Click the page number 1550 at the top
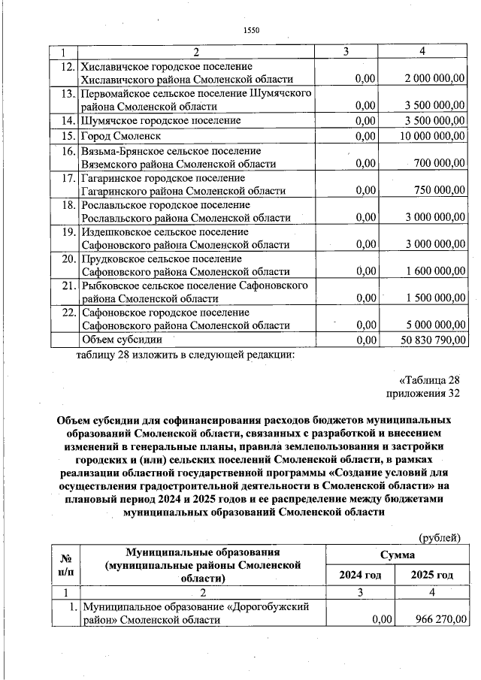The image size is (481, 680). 251,30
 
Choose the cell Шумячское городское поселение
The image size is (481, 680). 162,120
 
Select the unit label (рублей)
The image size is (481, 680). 438,536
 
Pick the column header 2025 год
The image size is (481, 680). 432,575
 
